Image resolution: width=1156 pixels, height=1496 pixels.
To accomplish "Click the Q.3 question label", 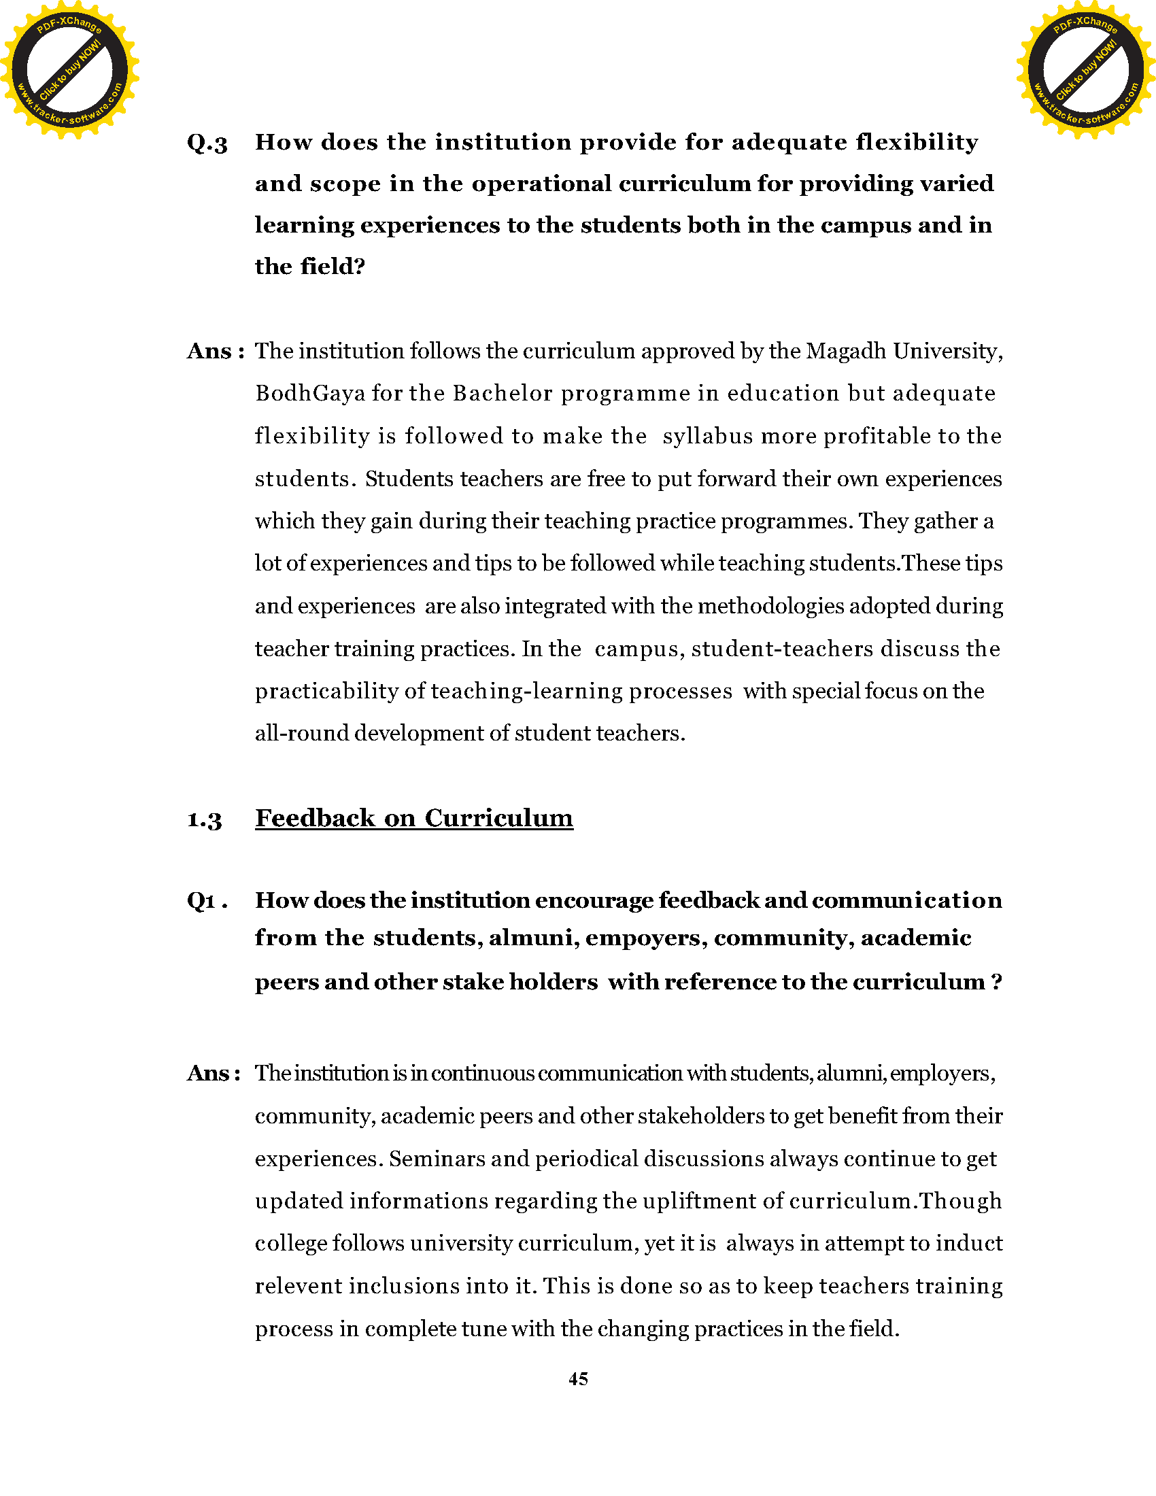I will tap(207, 143).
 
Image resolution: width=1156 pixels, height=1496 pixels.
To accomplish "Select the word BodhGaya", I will tap(309, 394).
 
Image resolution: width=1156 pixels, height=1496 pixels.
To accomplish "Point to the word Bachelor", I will tap(503, 393).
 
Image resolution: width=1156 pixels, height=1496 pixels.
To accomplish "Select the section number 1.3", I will tap(204, 819).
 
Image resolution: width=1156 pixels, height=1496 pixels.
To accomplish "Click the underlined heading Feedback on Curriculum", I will tap(413, 818).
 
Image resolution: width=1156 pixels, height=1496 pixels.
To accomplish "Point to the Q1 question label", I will tap(206, 901).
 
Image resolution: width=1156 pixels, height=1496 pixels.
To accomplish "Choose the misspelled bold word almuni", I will tap(530, 938).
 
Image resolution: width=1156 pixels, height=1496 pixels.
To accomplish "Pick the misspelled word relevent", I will tap(299, 1287).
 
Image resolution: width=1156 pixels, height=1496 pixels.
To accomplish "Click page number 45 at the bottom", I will tap(578, 1379).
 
